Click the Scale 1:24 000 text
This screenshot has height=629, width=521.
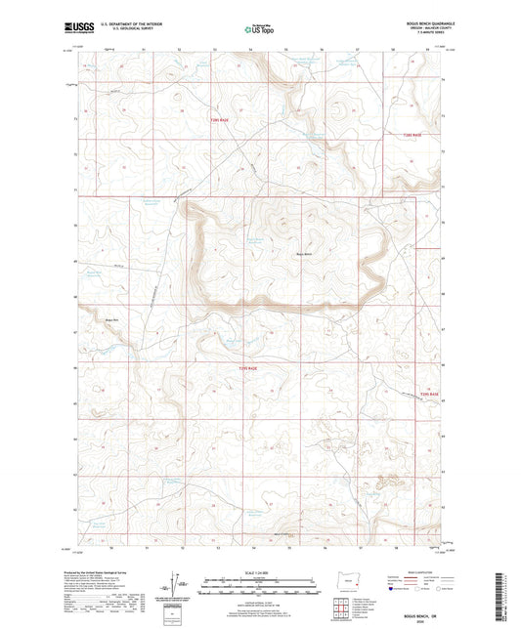[260, 571]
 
